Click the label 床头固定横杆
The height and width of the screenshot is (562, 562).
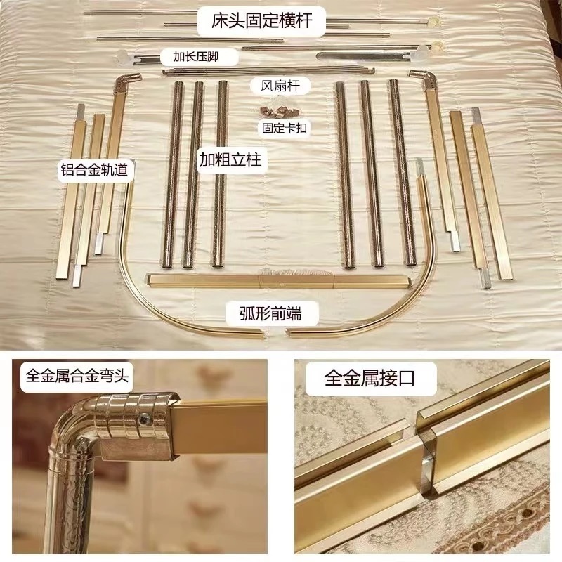pos(261,21)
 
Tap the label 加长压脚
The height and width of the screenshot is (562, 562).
pos(196,57)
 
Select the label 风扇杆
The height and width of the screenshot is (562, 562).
pos(280,86)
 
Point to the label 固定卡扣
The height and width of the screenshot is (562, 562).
pos(285,128)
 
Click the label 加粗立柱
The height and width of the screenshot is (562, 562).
pos(230,160)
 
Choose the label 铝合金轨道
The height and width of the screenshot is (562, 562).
pos(94,169)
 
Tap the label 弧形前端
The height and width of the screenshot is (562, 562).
pos(270,313)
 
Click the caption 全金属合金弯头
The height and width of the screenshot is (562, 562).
pos(77,377)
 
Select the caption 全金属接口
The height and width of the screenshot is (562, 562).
pos(370,378)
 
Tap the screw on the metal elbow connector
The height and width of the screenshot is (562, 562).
pos(147,417)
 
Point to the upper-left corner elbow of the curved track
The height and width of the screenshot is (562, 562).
pos(129,81)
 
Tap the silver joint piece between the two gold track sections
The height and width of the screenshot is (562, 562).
pos(426,463)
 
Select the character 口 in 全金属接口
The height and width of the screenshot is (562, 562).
pos(406,378)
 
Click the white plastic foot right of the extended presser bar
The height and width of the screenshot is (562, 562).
pos(423,53)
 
